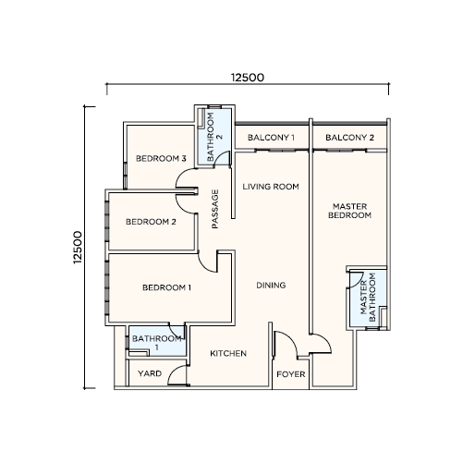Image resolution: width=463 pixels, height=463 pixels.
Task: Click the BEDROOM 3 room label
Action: click(x=161, y=159)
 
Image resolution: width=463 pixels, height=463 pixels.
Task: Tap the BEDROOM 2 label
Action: click(x=151, y=222)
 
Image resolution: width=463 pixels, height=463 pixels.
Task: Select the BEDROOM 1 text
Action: click(x=166, y=287)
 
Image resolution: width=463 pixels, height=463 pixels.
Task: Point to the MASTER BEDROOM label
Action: click(x=349, y=211)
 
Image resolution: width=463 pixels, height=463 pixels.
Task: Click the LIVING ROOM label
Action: click(x=271, y=187)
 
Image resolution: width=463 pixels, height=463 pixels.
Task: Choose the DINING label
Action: click(x=271, y=286)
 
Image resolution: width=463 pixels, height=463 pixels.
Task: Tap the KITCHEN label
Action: click(x=228, y=353)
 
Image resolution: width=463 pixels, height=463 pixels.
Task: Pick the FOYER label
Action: click(x=291, y=374)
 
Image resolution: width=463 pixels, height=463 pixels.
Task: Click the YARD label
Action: click(x=150, y=373)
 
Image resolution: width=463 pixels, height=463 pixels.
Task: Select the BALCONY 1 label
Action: click(x=271, y=138)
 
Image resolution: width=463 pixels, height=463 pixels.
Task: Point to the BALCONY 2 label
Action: click(x=349, y=138)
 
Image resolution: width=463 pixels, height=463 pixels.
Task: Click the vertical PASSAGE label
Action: click(x=215, y=209)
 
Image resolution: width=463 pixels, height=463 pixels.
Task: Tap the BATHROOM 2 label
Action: click(x=214, y=137)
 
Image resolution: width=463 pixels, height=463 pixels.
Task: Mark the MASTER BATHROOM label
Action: click(x=368, y=298)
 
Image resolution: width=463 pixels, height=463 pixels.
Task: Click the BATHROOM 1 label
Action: click(x=157, y=343)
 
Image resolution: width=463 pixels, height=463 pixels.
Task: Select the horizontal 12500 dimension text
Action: click(x=248, y=78)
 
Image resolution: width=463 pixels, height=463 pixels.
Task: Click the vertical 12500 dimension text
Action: click(x=78, y=248)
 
